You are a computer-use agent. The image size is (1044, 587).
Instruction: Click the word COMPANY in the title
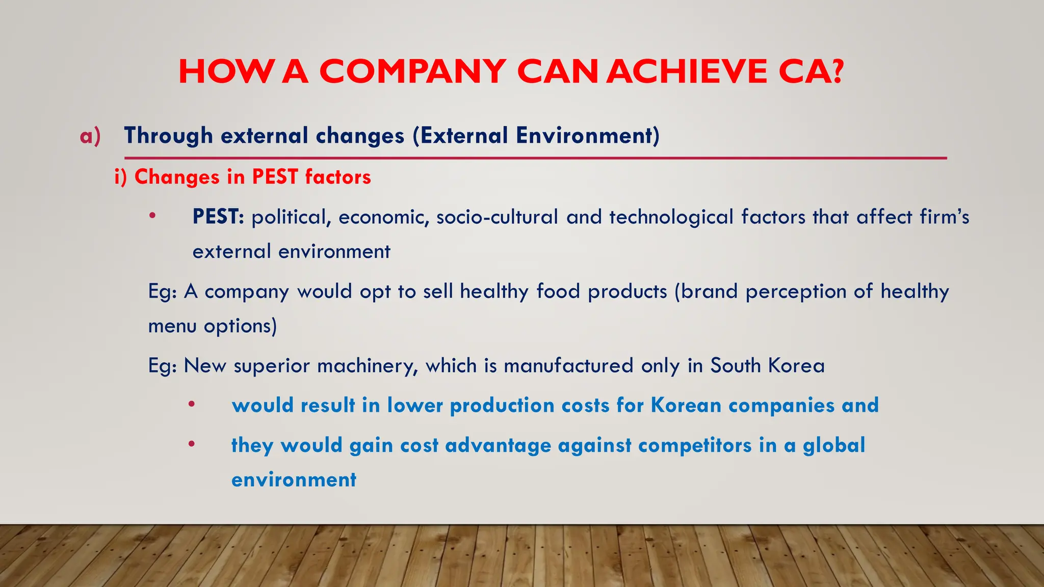(413, 71)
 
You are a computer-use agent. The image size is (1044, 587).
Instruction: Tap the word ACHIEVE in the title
(687, 71)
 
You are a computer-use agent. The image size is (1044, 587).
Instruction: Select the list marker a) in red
(90, 136)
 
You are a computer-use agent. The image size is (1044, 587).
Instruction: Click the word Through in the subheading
(168, 136)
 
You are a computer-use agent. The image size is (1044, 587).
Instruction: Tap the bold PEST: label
(218, 217)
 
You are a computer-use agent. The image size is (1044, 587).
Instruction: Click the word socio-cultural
(497, 217)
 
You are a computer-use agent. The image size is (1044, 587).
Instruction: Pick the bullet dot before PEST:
(152, 216)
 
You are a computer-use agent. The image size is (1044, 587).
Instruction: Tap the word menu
(172, 326)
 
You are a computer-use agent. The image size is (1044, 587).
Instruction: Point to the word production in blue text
(502, 406)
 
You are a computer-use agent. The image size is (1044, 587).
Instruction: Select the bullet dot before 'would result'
(191, 405)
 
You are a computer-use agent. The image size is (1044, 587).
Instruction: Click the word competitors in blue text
(695, 445)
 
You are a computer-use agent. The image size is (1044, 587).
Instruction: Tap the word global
(834, 445)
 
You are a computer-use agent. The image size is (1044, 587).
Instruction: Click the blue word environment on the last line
(294, 480)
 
